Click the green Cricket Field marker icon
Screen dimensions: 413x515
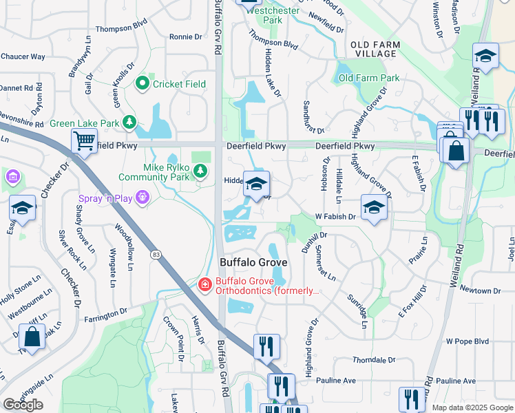[x=143, y=83]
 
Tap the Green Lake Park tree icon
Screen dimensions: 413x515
[x=129, y=123]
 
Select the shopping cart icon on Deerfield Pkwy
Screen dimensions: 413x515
[x=84, y=141]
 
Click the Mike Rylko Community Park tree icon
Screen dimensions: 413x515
[x=200, y=170]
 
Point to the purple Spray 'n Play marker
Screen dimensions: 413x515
[x=143, y=197]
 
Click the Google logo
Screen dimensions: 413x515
[x=23, y=404]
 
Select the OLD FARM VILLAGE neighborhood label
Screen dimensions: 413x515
[x=375, y=49]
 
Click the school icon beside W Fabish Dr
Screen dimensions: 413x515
[x=374, y=207]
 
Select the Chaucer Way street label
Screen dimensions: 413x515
[x=22, y=56]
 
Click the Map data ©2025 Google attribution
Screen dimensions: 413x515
[x=472, y=407]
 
